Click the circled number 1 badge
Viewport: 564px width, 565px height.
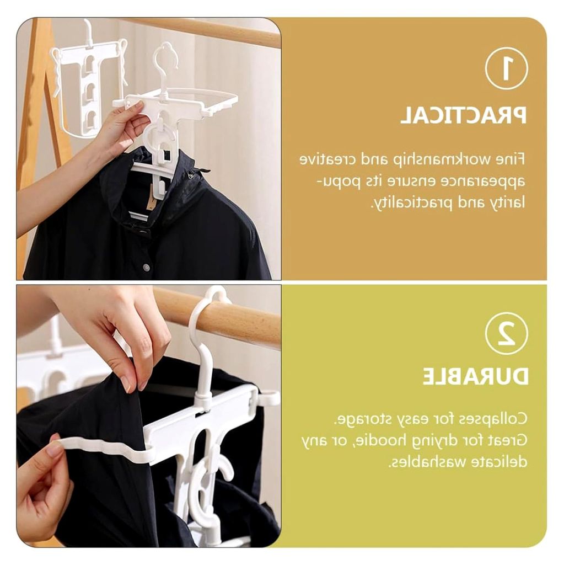(x=506, y=68)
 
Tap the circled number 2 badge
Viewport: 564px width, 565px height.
(x=506, y=333)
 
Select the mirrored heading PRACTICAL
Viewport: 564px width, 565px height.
(x=464, y=115)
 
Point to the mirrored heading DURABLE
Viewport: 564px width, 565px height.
(x=475, y=376)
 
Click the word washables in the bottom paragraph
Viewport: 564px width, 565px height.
(x=422, y=462)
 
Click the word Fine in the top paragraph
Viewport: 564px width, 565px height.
(x=511, y=159)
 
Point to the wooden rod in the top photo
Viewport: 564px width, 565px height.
(x=202, y=31)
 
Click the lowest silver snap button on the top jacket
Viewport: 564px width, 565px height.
(x=146, y=268)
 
